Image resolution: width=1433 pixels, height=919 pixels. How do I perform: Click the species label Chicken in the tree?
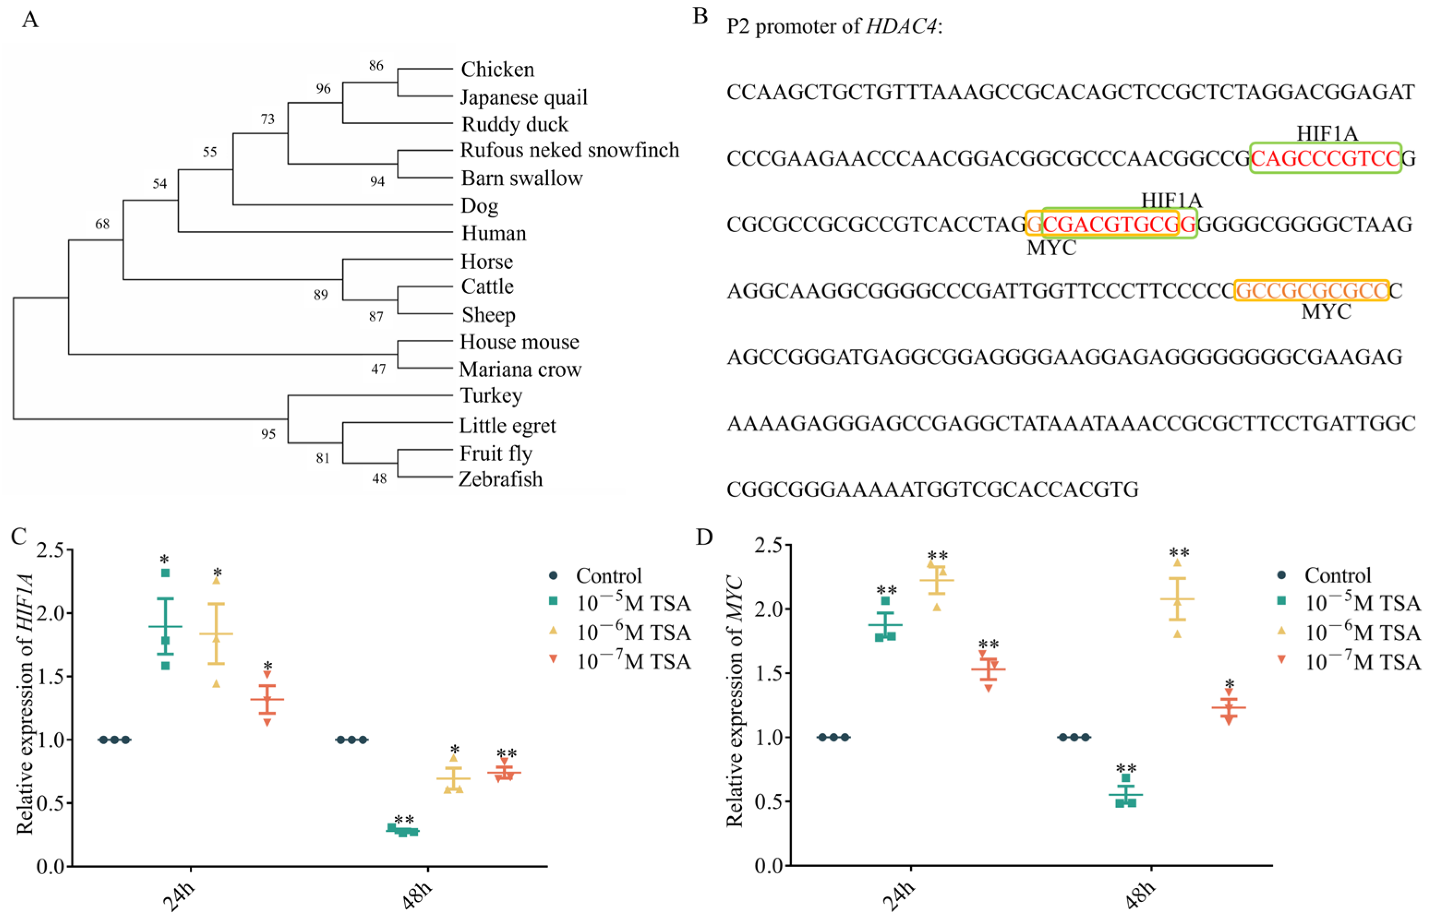point(497,70)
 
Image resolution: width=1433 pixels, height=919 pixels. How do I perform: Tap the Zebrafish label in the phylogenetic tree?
point(500,479)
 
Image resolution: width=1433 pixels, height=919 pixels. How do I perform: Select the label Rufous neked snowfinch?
point(569,150)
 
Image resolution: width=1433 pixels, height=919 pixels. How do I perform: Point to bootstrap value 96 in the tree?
point(323,89)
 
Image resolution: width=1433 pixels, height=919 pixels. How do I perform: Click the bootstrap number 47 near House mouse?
point(378,369)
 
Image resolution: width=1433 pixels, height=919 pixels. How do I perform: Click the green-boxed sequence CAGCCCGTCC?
point(1325,158)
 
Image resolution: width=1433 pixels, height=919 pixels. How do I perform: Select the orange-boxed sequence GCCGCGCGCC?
point(1311,291)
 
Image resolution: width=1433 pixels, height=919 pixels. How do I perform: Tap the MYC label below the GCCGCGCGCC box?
point(1326,312)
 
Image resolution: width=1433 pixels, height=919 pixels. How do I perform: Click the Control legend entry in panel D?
point(1337,575)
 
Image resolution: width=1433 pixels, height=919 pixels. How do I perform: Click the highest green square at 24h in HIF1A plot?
point(165,573)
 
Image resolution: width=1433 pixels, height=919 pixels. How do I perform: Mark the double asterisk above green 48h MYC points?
point(1126,769)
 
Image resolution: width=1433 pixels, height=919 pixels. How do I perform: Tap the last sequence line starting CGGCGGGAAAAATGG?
point(932,489)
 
